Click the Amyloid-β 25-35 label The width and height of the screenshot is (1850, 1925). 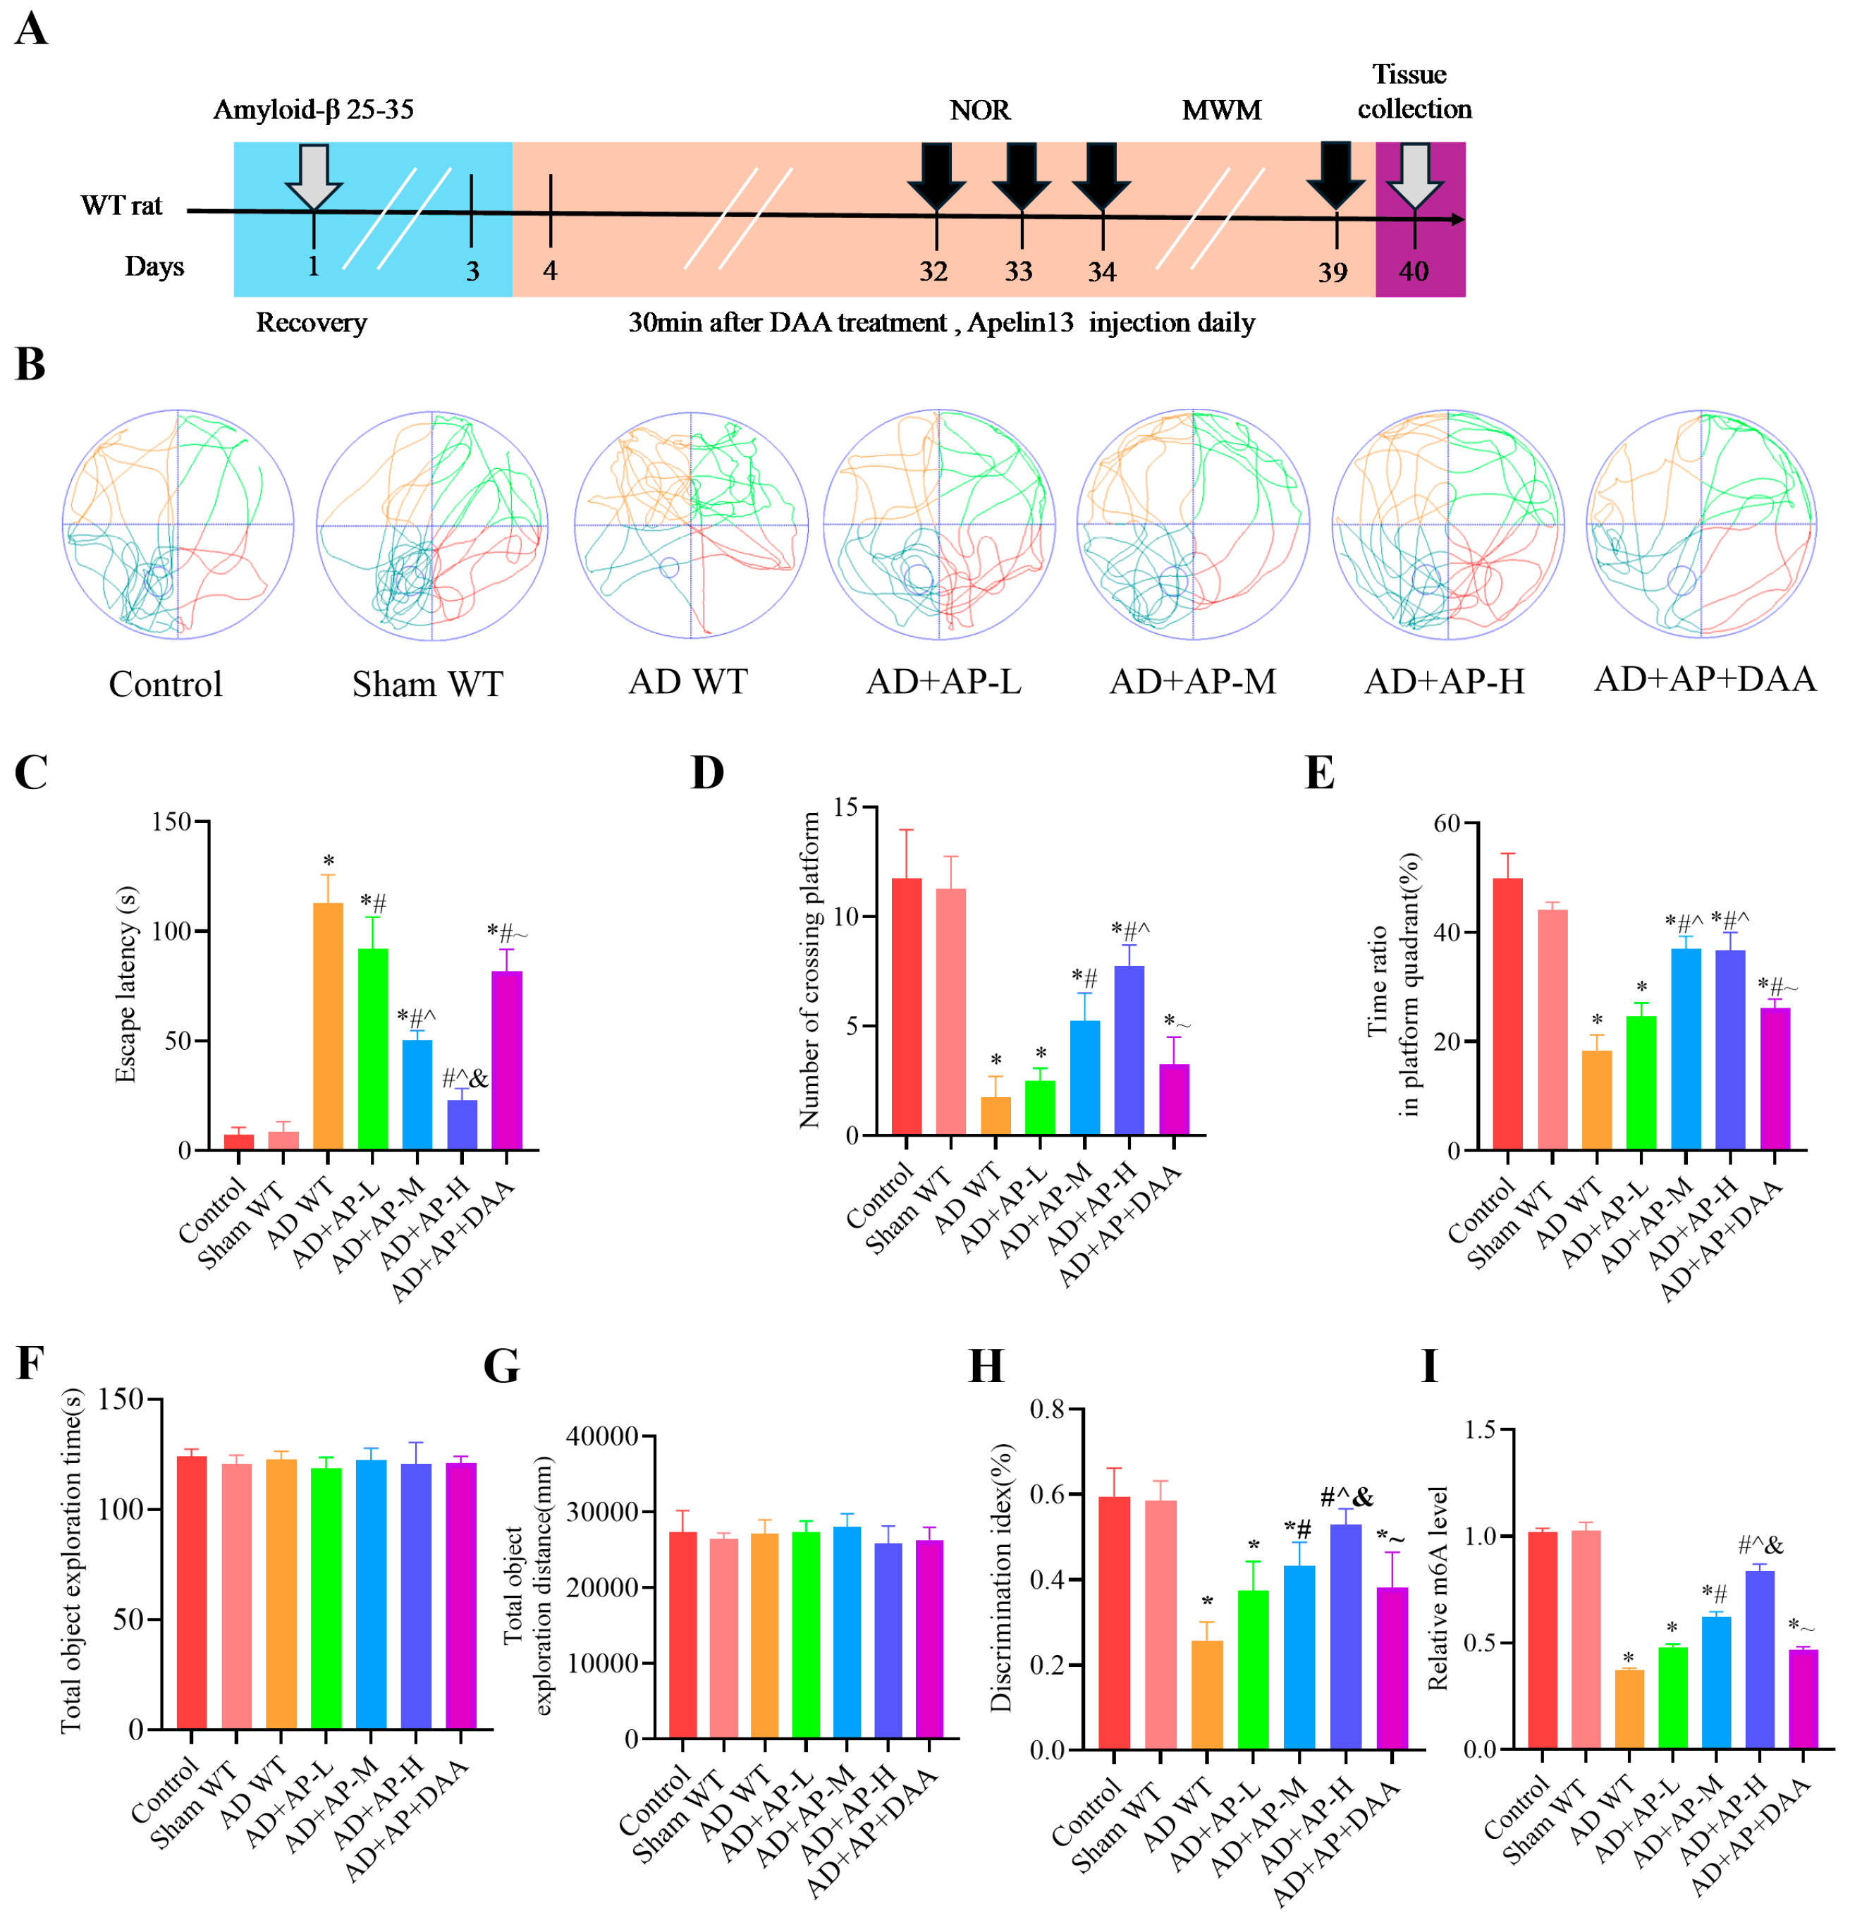(x=313, y=109)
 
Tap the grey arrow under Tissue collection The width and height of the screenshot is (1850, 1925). (x=1414, y=175)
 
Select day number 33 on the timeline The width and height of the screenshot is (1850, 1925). (x=1018, y=272)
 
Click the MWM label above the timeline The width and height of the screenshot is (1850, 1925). (x=1220, y=110)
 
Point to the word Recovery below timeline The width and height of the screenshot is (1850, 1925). (x=312, y=323)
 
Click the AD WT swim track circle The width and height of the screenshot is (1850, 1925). (x=690, y=525)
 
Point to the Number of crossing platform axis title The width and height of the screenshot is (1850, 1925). (x=809, y=970)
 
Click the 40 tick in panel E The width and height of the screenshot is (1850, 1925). (x=1447, y=932)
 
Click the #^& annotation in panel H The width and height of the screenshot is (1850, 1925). (x=1345, y=1497)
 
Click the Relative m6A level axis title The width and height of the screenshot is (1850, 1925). (x=1438, y=1588)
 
